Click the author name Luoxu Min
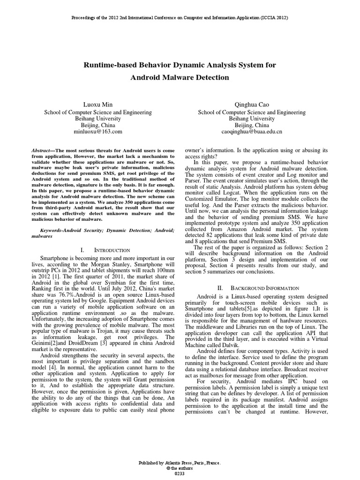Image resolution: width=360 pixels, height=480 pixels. (97, 105)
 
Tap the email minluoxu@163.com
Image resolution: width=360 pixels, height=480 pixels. (97, 133)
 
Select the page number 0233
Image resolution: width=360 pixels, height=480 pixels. (180, 473)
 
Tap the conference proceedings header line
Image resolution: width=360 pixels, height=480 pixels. (180, 17)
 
